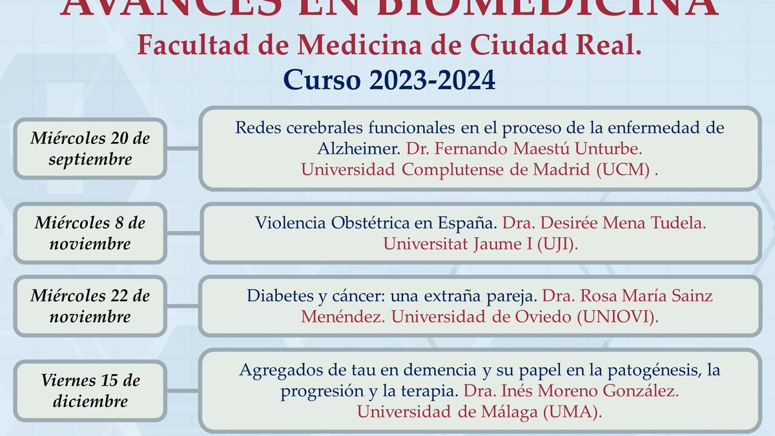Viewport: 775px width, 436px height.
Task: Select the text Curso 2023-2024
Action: tap(389, 80)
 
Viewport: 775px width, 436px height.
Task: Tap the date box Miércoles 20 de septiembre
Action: tap(90, 148)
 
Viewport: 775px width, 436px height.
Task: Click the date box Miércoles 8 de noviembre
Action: tap(90, 233)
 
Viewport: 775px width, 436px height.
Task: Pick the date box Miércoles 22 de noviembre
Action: tap(90, 306)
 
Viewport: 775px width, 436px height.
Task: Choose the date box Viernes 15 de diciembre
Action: tap(90, 391)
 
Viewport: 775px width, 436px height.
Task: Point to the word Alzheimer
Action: tap(358, 149)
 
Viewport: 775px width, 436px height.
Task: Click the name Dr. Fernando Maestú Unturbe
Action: tap(524, 149)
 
